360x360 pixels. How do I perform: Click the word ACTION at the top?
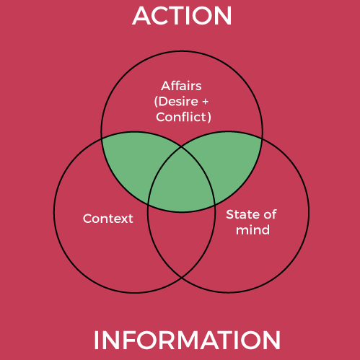coord(182,16)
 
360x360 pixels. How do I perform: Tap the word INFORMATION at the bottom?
coord(187,340)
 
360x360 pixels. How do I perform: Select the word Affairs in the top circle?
coord(181,86)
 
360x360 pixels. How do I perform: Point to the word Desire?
coord(178,102)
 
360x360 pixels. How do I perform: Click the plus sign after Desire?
coord(205,102)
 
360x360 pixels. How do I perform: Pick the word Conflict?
coord(180,117)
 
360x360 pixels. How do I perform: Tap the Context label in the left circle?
coord(107,219)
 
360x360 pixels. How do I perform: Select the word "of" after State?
coord(270,214)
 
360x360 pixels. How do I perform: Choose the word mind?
coord(253,230)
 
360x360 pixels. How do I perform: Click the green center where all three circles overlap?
coord(182,182)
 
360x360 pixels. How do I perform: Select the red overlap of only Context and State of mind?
coord(182,240)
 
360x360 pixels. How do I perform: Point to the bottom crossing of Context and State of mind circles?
coord(182,278)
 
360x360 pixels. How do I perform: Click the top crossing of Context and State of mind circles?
coord(182,146)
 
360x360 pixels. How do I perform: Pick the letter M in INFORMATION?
coord(201,340)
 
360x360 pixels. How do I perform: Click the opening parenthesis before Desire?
coord(156,102)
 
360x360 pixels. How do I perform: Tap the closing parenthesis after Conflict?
coord(209,117)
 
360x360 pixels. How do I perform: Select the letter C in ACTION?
coord(162,16)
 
